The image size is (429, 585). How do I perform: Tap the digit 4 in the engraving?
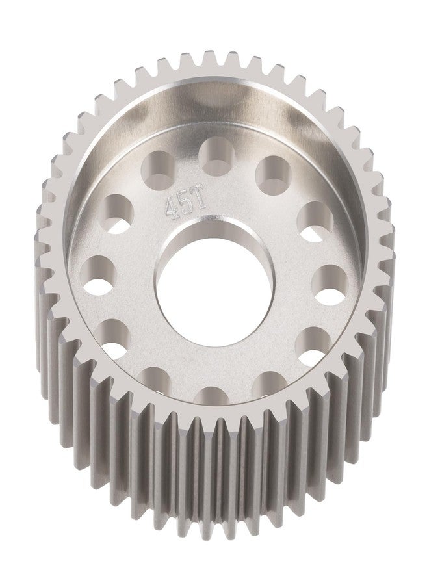click(x=171, y=205)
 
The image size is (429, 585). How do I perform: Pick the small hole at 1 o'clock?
click(x=274, y=175)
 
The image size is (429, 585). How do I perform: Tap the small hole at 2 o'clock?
click(x=315, y=221)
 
